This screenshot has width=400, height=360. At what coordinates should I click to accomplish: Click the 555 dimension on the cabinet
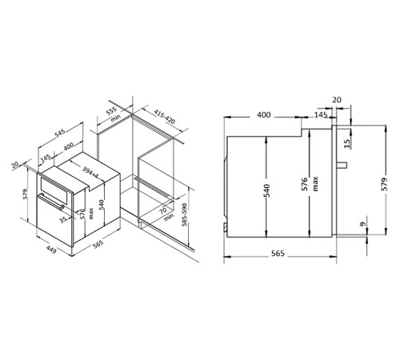coord(111,111)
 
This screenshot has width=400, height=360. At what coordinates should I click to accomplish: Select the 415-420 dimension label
coord(165,117)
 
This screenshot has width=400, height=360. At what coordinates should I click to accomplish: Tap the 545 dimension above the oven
coord(59,134)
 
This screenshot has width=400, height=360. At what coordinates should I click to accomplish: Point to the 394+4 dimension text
coord(90,172)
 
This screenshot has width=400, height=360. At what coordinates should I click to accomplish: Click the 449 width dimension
coord(51,250)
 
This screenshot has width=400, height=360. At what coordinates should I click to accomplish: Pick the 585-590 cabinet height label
coord(185,215)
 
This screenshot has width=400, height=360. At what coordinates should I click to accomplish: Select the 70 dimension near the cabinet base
coord(163,211)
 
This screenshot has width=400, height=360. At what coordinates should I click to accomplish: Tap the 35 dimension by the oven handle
coord(63,220)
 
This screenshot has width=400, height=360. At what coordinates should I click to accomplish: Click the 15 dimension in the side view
coord(346,144)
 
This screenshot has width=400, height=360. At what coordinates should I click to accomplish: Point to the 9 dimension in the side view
coord(362,224)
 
